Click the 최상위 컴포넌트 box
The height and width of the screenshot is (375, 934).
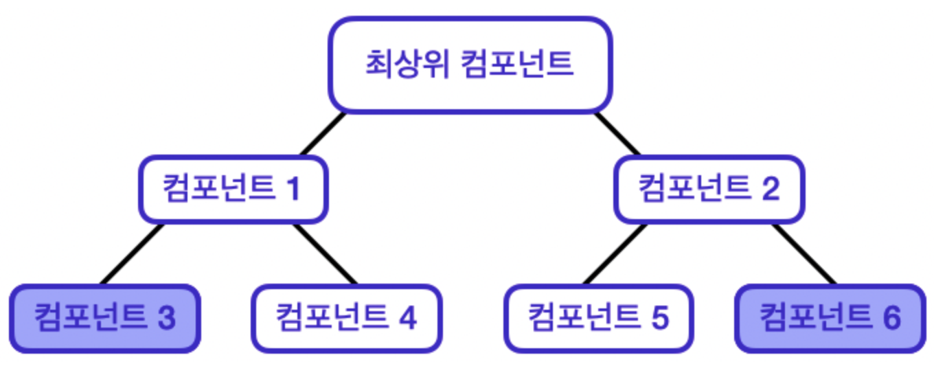[x=470, y=65]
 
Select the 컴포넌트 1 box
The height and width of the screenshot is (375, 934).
[x=233, y=189]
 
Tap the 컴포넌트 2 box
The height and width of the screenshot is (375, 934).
[x=709, y=189]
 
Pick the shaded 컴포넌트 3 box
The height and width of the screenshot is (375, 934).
[x=105, y=319]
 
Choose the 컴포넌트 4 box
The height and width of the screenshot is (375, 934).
[x=347, y=319]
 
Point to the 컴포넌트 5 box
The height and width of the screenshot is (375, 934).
[x=598, y=319]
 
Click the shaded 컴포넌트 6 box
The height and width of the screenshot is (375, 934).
[x=830, y=319]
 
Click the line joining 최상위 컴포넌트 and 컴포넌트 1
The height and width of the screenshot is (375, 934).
[x=322, y=133]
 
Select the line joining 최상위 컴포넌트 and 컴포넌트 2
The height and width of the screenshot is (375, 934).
[x=617, y=133]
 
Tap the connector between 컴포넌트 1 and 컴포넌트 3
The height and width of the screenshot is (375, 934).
[x=133, y=253]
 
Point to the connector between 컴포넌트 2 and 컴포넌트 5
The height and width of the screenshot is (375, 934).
[x=615, y=253]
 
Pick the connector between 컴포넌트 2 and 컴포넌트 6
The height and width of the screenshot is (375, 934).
[x=804, y=253]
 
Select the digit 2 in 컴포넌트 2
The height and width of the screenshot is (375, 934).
[x=771, y=190]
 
